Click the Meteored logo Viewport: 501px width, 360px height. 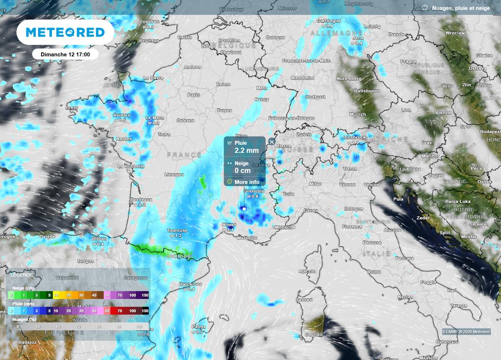click(65, 32)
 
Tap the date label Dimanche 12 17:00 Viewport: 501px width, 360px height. click(65, 54)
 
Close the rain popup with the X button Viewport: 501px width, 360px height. click(272, 142)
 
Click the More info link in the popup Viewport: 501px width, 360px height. click(247, 182)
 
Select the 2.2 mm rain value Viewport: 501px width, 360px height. click(247, 151)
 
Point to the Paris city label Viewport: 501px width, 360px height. click(194, 95)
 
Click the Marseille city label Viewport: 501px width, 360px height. click(247, 238)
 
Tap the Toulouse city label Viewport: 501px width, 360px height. click(177, 230)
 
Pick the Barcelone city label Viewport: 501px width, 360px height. click(190, 284)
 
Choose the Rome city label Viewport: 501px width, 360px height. click(374, 271)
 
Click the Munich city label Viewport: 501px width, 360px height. click(358, 114)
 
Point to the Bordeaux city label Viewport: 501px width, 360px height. click(142, 200)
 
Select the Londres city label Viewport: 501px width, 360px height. click(149, 22)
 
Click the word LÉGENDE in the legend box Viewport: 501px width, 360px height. click(22, 275)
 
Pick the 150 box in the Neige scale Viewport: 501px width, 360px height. click(145, 295)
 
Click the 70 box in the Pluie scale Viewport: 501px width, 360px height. click(120, 311)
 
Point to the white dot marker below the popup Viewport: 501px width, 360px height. click(244, 209)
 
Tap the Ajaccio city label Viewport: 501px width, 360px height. click(307, 271)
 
